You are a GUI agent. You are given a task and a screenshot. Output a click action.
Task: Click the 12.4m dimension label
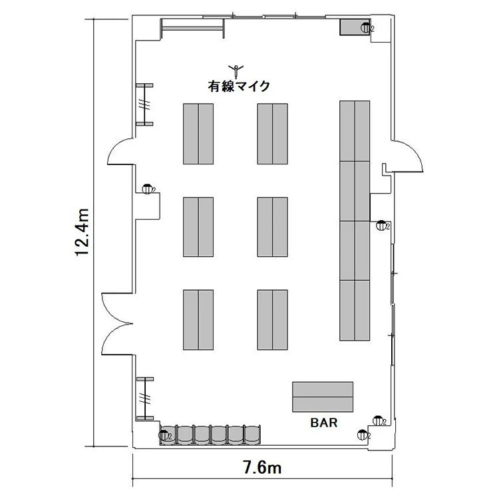point(81,232)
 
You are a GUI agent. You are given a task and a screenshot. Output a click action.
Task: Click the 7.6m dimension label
point(263,468)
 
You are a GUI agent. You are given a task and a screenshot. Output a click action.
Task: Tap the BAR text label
point(323,422)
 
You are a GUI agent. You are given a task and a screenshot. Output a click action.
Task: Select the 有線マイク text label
point(239,86)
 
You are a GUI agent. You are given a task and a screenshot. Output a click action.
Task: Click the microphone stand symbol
point(236,71)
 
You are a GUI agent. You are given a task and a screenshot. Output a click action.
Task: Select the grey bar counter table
point(323,397)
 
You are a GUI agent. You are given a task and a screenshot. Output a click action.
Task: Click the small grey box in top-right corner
point(355,27)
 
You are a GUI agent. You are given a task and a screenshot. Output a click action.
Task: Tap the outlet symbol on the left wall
point(148,189)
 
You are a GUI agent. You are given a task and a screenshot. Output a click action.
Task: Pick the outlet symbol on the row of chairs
point(164,435)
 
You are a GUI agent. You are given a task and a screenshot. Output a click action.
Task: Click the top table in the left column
point(198,134)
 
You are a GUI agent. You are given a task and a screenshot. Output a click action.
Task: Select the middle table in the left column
point(198,227)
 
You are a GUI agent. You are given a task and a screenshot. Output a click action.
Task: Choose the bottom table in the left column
point(198,320)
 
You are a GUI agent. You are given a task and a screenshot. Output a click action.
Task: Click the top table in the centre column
point(273,134)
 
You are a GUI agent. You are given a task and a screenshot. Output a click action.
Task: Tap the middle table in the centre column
point(273,227)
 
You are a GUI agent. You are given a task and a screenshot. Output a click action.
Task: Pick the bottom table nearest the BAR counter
point(273,320)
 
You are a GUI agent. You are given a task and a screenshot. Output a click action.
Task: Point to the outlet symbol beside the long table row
point(382,226)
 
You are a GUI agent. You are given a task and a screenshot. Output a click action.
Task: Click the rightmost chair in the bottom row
point(252,434)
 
